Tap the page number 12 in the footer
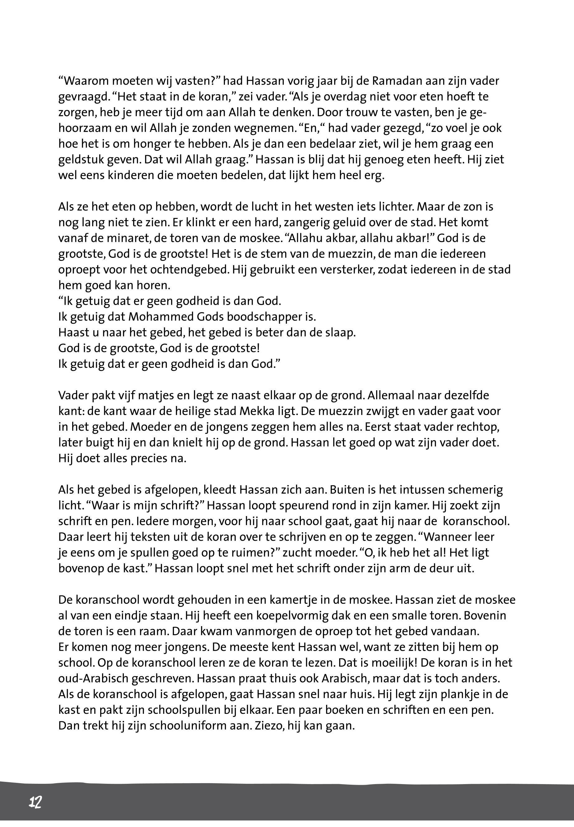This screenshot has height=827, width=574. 35,802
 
